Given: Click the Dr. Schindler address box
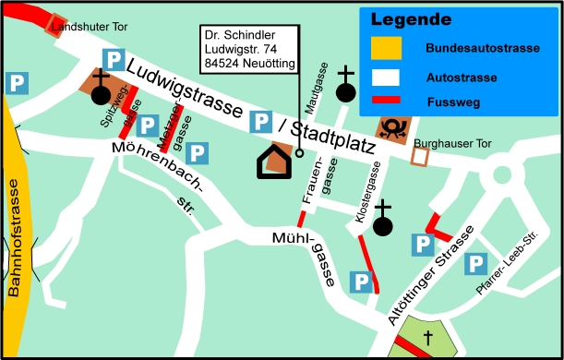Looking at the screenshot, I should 251,49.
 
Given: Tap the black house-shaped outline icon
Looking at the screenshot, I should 275,162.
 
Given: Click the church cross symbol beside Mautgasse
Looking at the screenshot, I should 345,84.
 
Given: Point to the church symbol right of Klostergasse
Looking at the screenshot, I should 382,218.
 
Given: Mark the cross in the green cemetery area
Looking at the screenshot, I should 428,341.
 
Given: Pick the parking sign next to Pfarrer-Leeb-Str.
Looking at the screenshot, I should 476,263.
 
